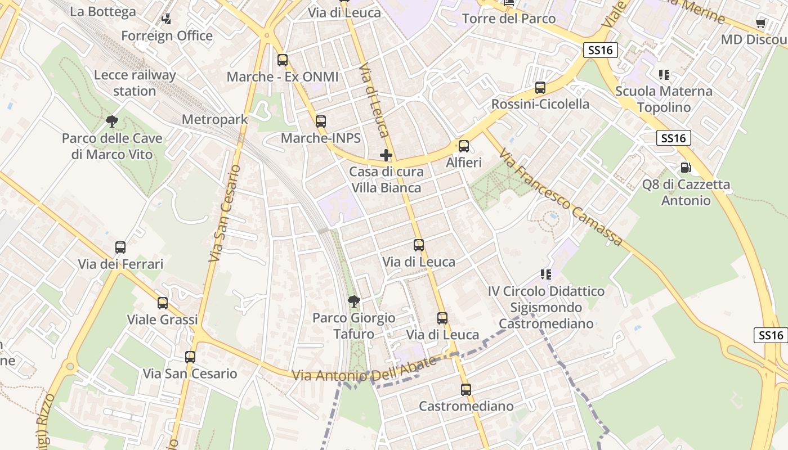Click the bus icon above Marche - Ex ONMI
point(283,60)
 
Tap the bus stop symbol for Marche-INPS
point(321,121)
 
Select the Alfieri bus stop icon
point(464,146)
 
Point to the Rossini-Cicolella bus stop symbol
point(540,88)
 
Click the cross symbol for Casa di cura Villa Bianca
point(386,155)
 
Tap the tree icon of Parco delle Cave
point(112,121)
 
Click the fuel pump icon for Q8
point(686,167)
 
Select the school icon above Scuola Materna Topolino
point(664,74)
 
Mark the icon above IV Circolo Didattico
point(546,274)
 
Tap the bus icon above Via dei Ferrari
point(120,247)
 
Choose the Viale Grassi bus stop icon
point(163,303)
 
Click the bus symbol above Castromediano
point(466,389)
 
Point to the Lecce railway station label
point(135,83)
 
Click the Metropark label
point(214,120)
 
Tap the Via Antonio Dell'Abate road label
point(365,368)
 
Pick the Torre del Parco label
point(509,19)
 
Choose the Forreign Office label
point(167,36)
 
